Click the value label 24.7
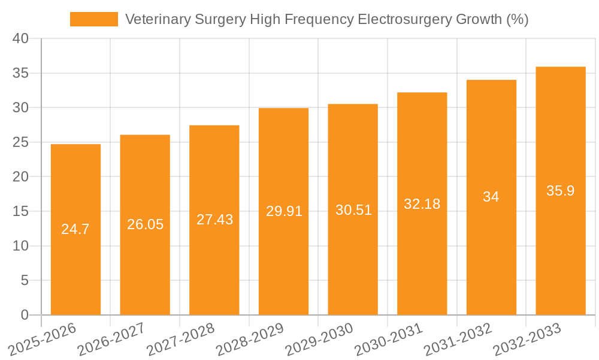pos(75,229)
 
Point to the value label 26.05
pos(145,224)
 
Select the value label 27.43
pos(214,220)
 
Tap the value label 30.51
pos(353,210)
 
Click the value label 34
pos(491,197)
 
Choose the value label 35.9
pos(561,191)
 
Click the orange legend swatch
pos(94,19)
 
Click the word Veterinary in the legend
pos(158,19)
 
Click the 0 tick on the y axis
pos(25,315)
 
